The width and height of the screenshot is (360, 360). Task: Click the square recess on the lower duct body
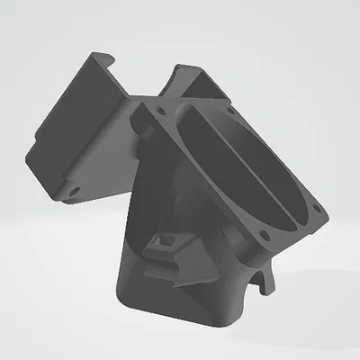click(166, 244)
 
